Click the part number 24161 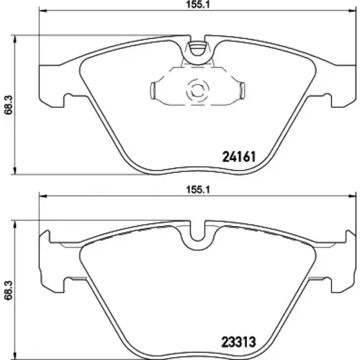point(239,157)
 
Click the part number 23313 point(238,342)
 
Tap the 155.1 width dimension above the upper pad point(198,5)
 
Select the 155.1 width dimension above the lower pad point(198,190)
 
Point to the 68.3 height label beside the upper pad point(9,105)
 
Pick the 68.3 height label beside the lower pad point(9,290)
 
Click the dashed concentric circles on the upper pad point(197,91)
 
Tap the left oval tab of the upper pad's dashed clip point(153,91)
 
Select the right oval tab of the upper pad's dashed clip point(243,91)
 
